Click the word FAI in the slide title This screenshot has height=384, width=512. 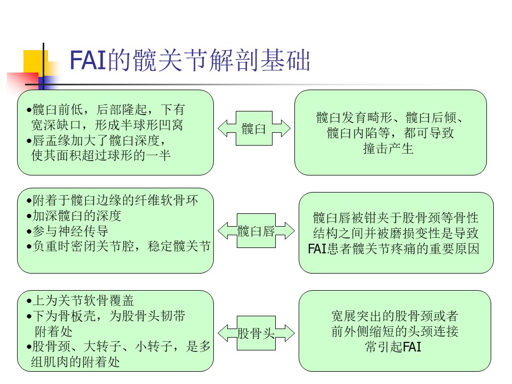click(88, 60)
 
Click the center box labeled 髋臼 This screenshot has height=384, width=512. click(254, 129)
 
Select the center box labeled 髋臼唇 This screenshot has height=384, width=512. click(256, 231)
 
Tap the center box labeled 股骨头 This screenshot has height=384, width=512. click(256, 333)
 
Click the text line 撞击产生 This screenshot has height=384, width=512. click(388, 149)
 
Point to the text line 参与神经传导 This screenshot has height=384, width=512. click(70, 231)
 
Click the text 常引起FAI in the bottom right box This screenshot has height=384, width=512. click(393, 347)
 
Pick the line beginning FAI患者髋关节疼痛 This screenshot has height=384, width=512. click(394, 249)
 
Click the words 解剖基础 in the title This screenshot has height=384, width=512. click(260, 60)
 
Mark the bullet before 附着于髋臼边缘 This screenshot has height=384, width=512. click(29, 201)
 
